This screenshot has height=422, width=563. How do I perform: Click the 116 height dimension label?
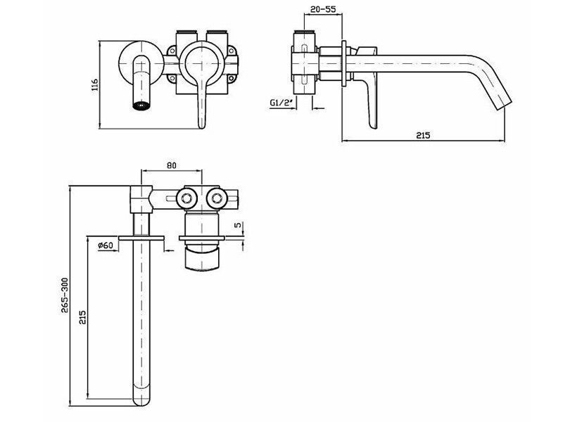(95, 84)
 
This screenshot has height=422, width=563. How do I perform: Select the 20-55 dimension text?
(323, 9)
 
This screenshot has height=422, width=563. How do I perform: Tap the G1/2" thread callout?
(281, 103)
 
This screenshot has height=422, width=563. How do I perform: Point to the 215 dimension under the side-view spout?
(423, 135)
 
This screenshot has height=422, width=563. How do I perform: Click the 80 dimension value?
(172, 165)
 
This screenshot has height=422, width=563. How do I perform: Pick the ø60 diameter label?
(106, 245)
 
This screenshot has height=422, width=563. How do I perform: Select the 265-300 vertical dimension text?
(65, 295)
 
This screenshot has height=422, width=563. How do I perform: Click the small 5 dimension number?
(237, 225)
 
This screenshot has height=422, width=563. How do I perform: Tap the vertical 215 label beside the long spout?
(82, 318)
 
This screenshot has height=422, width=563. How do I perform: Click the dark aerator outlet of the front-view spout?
(140, 106)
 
